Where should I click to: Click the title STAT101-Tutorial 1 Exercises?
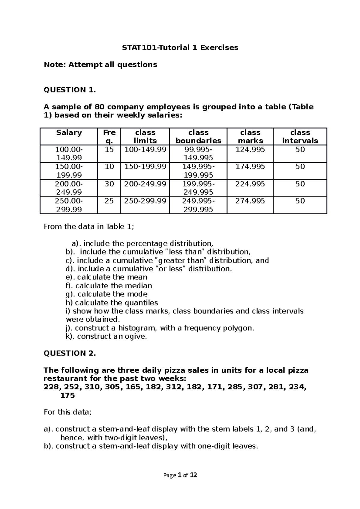pos(180,47)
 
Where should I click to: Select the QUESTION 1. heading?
pos(70,90)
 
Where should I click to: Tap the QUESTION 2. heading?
pos(70,353)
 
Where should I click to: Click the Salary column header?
pos(69,132)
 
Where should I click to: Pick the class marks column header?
pos(250,136)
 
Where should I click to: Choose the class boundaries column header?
pos(198,136)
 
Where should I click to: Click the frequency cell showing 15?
pos(109,150)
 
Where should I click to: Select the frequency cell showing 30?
pos(109,184)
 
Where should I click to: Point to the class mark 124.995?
pos(250,150)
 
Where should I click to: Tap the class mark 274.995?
pos(250,201)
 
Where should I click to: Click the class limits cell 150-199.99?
pos(145,167)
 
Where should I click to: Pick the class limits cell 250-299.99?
pos(145,201)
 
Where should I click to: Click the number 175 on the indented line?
pos(67,395)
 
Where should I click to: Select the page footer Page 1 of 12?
pos(180,475)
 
